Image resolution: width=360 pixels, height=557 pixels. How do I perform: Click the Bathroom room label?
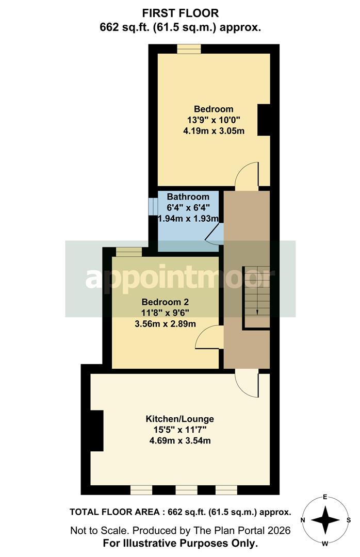[188, 196]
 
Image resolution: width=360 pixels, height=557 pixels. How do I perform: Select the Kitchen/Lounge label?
[179, 418]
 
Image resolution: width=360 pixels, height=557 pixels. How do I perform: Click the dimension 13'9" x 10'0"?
[214, 120]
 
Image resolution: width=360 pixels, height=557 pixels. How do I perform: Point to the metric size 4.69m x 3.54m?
[179, 440]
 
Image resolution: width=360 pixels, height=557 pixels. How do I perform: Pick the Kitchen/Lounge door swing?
[247, 384]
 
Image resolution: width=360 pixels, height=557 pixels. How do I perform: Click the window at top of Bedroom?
[189, 49]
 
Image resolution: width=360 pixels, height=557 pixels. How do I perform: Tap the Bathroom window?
[153, 206]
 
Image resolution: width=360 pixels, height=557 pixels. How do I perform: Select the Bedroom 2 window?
[128, 252]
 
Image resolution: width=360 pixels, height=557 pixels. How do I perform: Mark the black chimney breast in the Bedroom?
[264, 120]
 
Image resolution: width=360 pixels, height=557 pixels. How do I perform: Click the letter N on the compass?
[304, 520]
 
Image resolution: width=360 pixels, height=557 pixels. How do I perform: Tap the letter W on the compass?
[325, 543]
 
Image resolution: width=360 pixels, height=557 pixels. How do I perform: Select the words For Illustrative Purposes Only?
[180, 543]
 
